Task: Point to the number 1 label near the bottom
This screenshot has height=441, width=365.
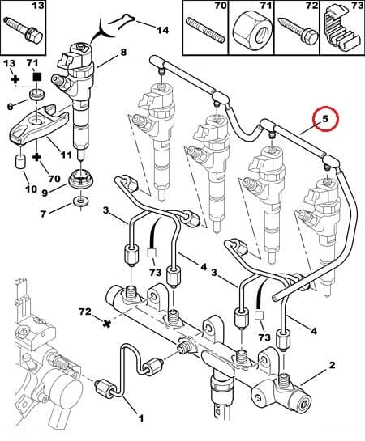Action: [x=140, y=418]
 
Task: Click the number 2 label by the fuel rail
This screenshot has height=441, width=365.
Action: [x=331, y=367]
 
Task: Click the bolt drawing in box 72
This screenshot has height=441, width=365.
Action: [x=295, y=30]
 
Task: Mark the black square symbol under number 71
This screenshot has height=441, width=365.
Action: [x=36, y=77]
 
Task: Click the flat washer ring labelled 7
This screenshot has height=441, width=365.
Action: [x=81, y=200]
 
